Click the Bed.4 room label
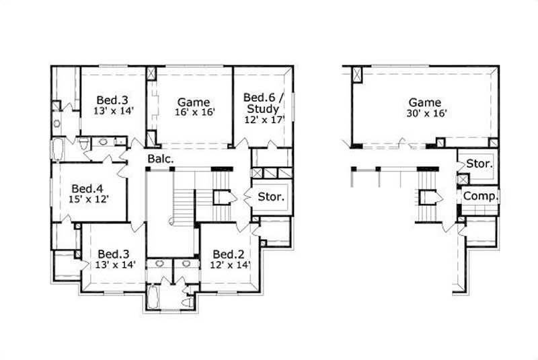[89, 188]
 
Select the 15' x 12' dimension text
[89, 199]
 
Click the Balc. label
[162, 159]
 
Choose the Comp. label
[480, 196]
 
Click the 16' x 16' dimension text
[195, 113]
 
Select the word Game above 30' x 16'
[425, 102]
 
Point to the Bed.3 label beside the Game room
[113, 99]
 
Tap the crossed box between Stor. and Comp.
[462, 180]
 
